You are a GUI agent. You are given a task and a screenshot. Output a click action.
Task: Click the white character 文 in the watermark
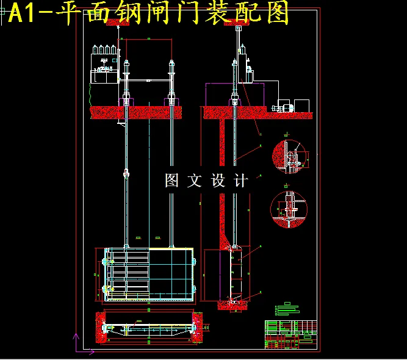coord(195,181)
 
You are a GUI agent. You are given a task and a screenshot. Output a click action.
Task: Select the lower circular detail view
coord(289,208)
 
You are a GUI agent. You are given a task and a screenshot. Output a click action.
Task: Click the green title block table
coord(290,334)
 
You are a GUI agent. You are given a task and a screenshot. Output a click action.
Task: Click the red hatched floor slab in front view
coord(136,112)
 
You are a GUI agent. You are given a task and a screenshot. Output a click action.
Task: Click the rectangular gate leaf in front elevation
coord(149,275)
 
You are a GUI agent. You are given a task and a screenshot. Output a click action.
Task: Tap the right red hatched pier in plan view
coord(199,327)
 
